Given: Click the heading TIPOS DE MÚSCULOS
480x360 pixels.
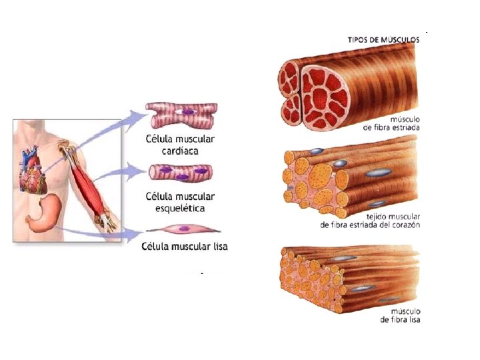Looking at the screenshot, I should tap(383, 39).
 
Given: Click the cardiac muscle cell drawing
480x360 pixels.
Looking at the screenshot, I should tap(181, 116).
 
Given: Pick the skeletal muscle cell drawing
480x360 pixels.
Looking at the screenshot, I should tap(181, 175).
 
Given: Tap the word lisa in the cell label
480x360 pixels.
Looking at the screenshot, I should tap(217, 247).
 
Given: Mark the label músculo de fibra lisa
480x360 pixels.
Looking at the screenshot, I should tap(399, 315).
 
